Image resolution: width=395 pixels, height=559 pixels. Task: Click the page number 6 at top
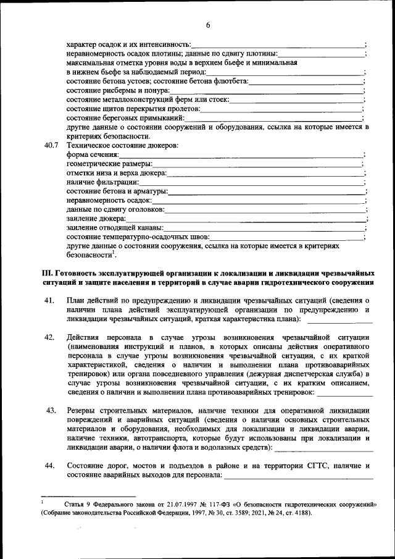point(208,25)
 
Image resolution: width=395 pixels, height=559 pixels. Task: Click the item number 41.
point(51,300)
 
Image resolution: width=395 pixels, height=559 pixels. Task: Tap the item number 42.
point(51,337)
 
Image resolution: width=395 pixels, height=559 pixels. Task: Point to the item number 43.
point(51,410)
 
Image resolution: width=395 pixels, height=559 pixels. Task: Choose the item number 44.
point(51,464)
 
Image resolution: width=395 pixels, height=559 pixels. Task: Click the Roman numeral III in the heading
point(47,273)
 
